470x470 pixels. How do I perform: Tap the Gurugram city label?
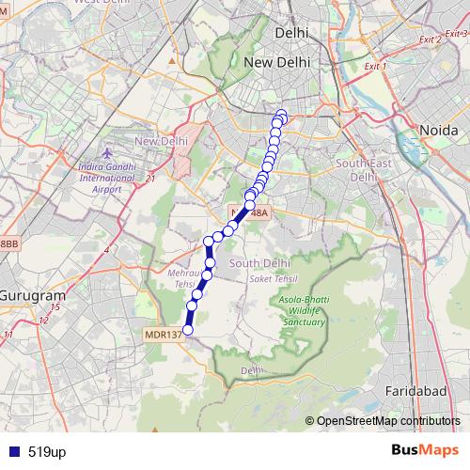(x=30, y=286)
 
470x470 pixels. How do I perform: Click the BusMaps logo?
(x=424, y=452)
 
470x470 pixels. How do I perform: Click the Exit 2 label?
(x=431, y=39)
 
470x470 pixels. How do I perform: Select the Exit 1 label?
(x=375, y=67)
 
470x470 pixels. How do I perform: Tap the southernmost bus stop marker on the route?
(x=187, y=330)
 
